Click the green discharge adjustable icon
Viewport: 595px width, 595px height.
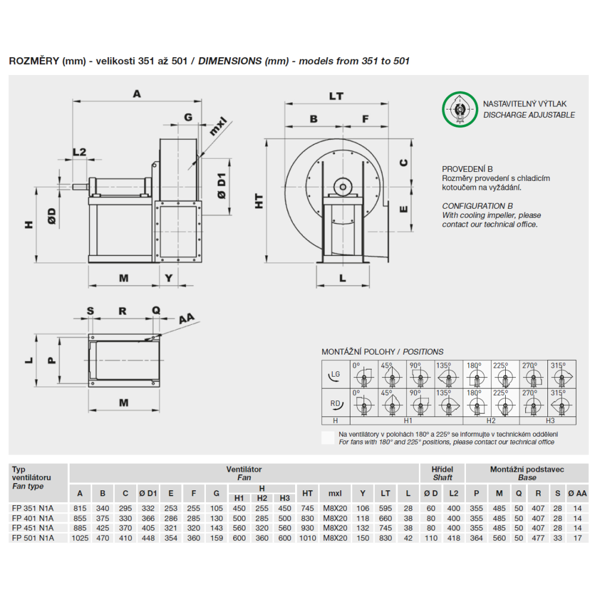click(458, 109)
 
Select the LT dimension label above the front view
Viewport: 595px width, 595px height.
click(336, 96)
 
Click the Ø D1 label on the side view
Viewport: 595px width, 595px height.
click(221, 186)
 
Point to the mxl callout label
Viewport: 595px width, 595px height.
click(218, 127)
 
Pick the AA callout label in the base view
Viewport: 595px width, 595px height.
click(187, 318)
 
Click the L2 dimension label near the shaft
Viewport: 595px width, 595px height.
click(79, 152)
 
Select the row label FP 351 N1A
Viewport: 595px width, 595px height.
click(33, 508)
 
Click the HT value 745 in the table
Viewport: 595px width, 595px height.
click(307, 508)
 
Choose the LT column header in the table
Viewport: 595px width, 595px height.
click(386, 493)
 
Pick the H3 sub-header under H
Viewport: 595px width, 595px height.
click(284, 498)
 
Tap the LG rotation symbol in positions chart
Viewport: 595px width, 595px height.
click(335, 374)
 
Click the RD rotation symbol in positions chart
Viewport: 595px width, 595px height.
click(335, 403)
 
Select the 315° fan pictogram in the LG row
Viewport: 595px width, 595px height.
click(561, 375)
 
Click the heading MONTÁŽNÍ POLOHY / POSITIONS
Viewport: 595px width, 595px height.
click(382, 352)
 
